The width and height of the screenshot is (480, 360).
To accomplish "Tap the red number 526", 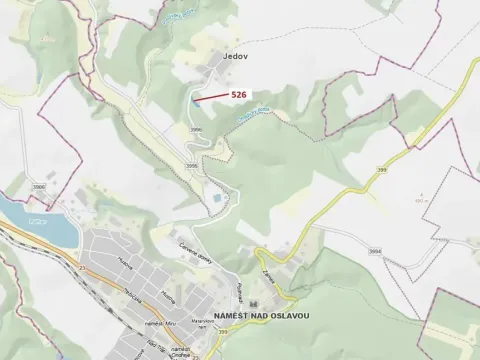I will (x=239, y=94).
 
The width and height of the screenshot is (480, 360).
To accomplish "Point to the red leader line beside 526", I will (x=209, y=97).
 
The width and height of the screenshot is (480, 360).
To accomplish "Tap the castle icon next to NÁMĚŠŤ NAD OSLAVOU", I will (x=255, y=304).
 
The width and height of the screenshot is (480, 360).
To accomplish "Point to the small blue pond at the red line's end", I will (x=193, y=100).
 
